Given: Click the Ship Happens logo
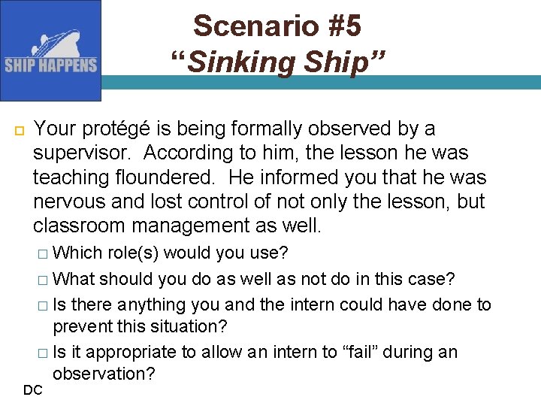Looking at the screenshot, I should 50,50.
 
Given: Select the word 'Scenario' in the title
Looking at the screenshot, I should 239,26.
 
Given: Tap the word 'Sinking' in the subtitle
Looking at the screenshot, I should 230,62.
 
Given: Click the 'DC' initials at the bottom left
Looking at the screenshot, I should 32,389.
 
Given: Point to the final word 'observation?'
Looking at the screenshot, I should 104,374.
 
